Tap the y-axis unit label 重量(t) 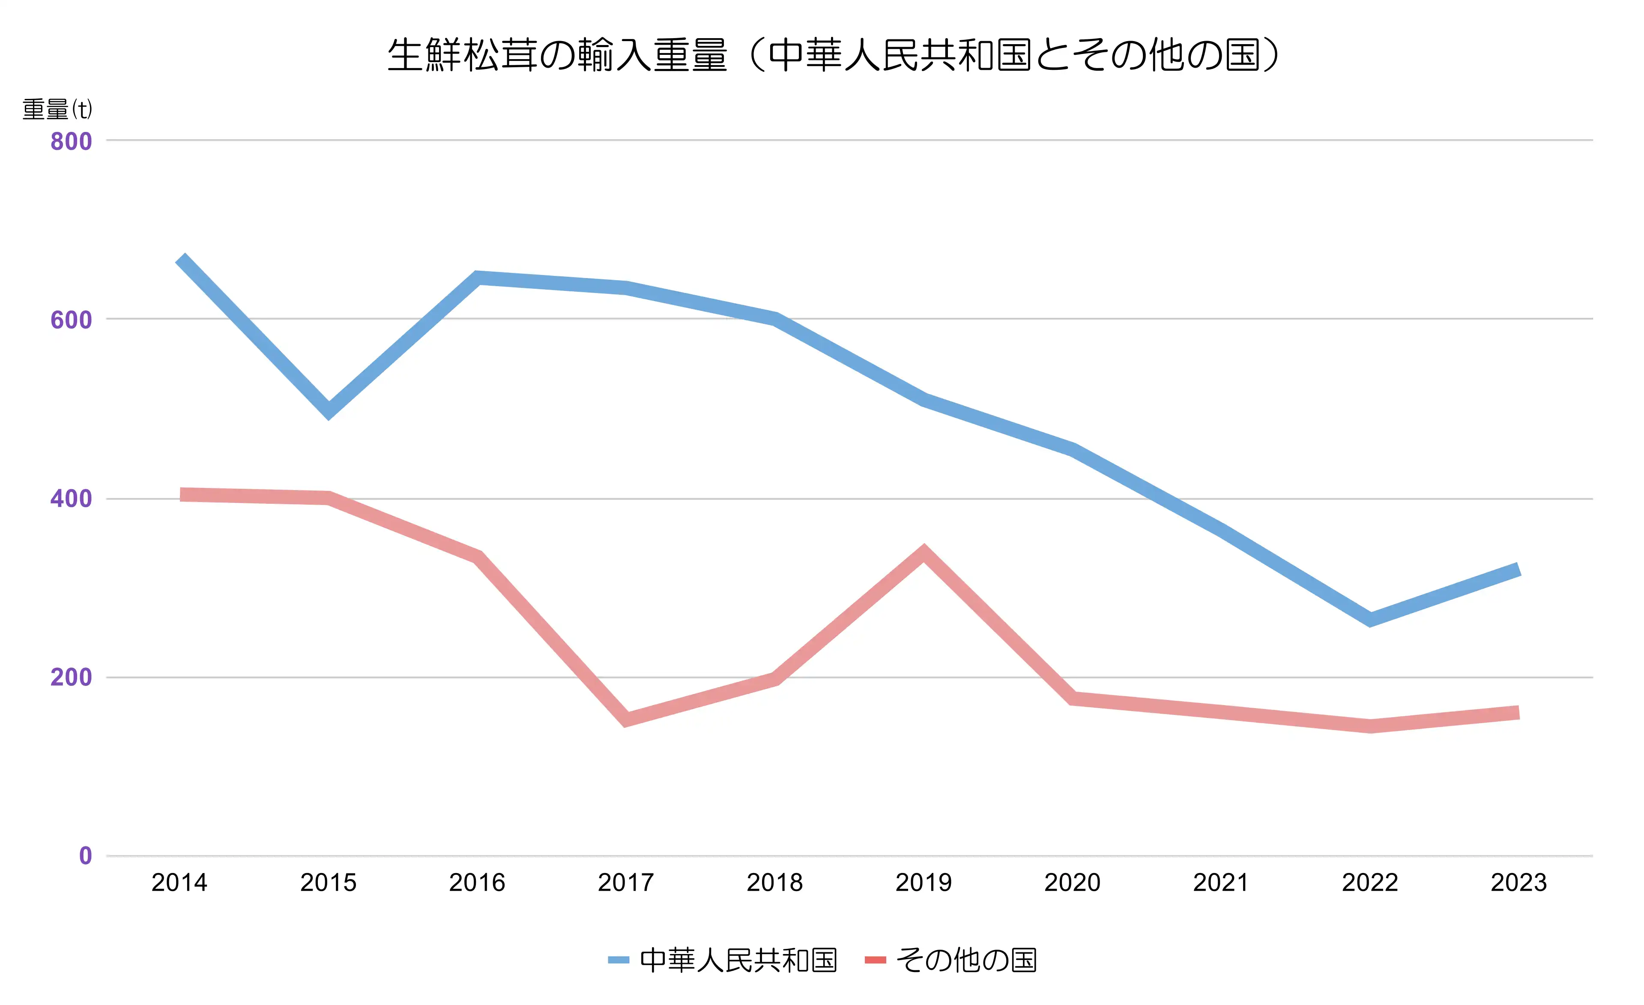[x=57, y=109]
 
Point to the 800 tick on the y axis [x=71, y=141]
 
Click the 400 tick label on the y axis [x=71, y=499]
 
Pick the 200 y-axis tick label [x=71, y=677]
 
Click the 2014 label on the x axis [x=179, y=883]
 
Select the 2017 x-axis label [x=626, y=883]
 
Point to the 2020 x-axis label [x=1072, y=883]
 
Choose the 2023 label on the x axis [x=1518, y=883]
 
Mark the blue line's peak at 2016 [x=478, y=278]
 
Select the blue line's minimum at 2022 [x=1370, y=619]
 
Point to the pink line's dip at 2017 [x=626, y=719]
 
